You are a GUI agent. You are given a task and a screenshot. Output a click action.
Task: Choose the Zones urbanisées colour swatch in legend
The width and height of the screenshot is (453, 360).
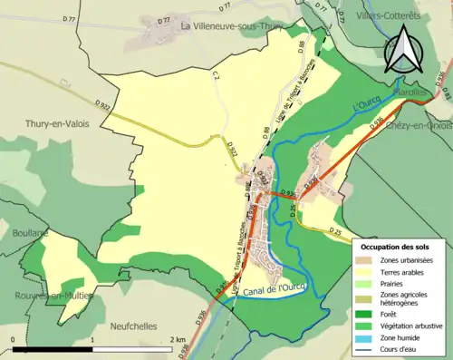coord(365,261)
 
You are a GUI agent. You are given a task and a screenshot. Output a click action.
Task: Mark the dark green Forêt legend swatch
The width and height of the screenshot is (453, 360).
coord(365,316)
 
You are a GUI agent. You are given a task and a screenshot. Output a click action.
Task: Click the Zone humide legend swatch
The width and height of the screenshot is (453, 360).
coord(365,343)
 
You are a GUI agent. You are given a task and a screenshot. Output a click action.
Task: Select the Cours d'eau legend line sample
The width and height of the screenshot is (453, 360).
coord(365,354)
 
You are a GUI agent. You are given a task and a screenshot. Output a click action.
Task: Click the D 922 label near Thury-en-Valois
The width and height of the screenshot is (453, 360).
coord(101,107)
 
